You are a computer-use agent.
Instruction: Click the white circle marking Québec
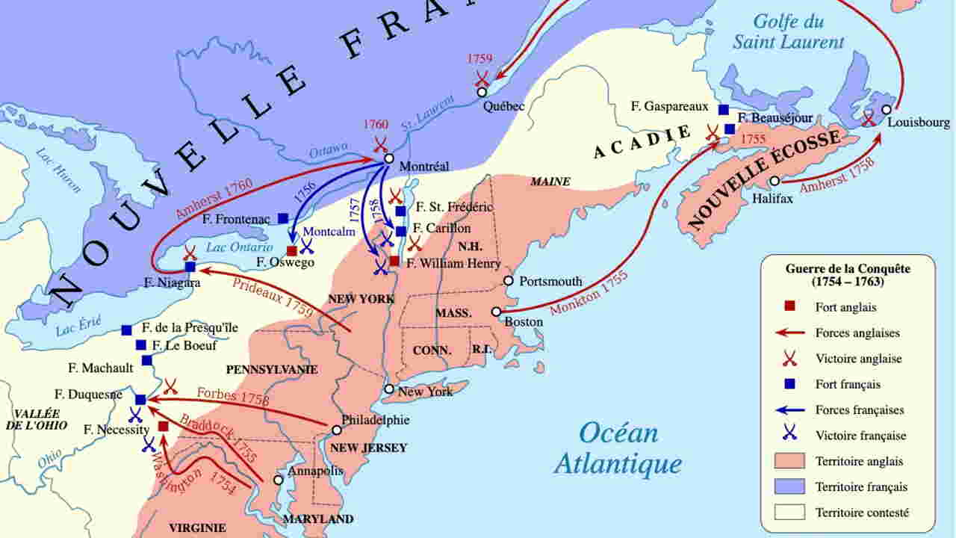click(x=482, y=92)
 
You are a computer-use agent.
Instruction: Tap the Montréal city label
click(x=424, y=166)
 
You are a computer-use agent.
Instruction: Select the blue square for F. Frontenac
click(x=283, y=218)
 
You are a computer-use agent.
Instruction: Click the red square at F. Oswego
click(x=292, y=250)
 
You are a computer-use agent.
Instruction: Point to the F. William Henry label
click(x=453, y=264)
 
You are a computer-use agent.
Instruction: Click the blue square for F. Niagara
click(x=190, y=266)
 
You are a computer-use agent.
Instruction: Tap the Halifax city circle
click(x=775, y=181)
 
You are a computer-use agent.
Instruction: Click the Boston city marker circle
click(x=496, y=312)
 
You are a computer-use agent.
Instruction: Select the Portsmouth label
click(x=550, y=282)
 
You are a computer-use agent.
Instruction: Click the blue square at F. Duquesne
click(x=140, y=400)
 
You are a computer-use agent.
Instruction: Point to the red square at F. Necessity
click(x=164, y=426)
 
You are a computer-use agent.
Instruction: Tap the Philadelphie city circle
click(x=337, y=430)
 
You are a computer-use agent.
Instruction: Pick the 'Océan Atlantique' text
click(x=618, y=448)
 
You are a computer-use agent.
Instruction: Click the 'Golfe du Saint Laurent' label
click(x=788, y=31)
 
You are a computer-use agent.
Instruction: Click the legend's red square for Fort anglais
click(x=789, y=307)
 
